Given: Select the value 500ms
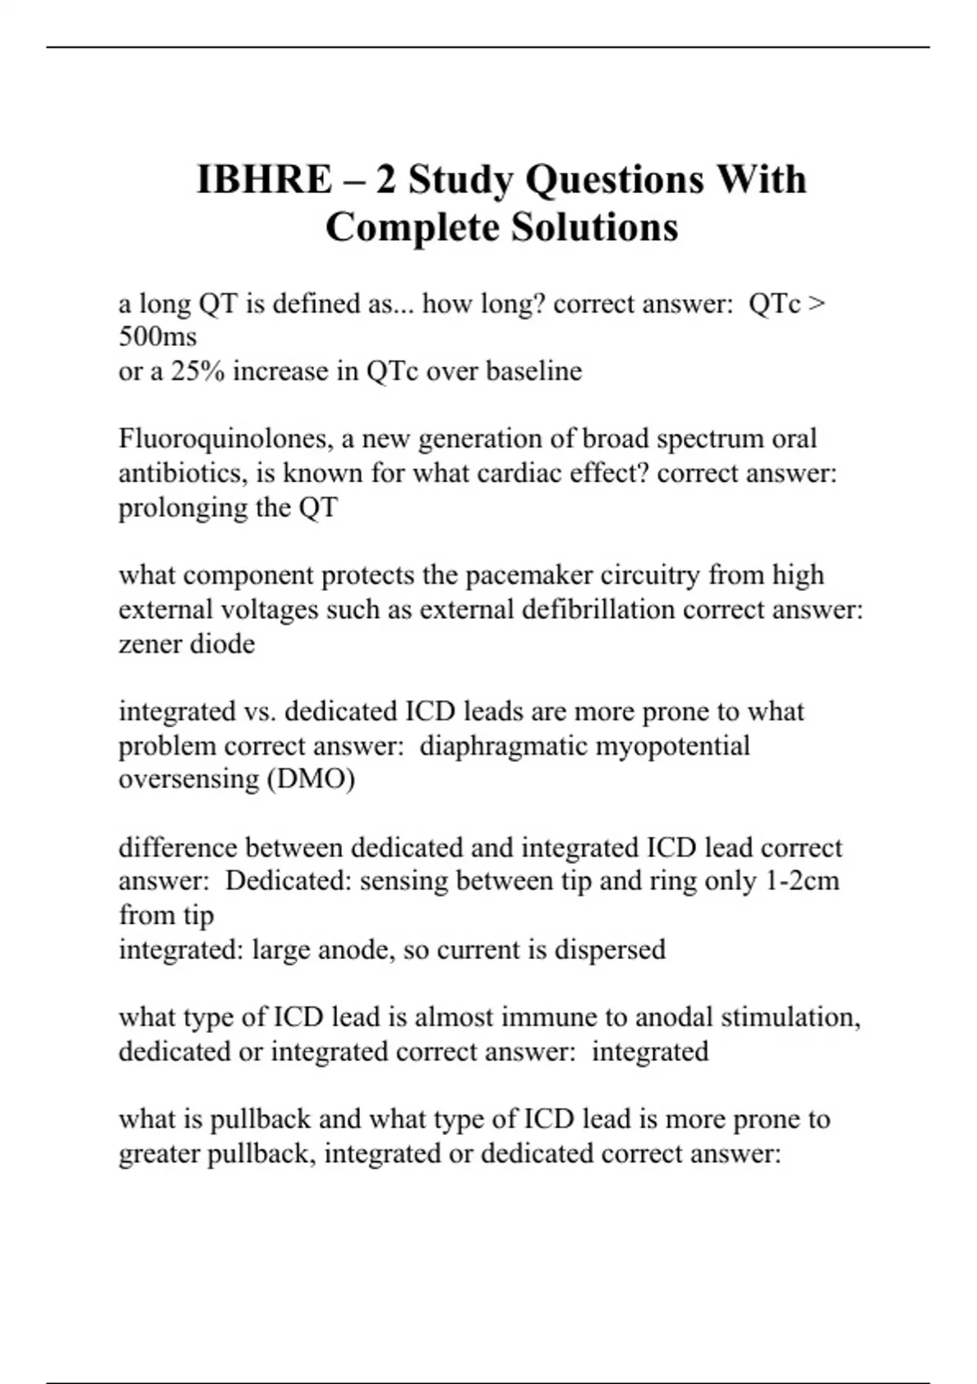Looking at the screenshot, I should (158, 336).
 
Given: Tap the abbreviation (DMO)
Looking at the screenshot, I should (311, 780).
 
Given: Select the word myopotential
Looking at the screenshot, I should (674, 746).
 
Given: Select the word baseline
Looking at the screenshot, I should (534, 371).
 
